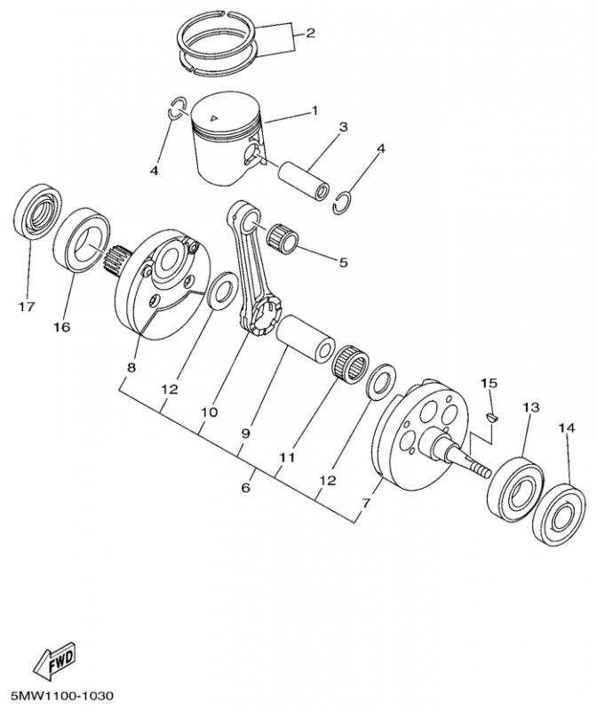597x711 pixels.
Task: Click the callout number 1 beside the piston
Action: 314,111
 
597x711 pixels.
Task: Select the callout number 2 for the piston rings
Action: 310,35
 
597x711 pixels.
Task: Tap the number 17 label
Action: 26,308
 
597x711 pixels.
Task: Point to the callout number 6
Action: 246,487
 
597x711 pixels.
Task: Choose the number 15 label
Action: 486,383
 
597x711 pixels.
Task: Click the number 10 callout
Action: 209,412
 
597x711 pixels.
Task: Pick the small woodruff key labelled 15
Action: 494,413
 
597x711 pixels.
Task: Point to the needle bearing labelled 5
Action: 287,237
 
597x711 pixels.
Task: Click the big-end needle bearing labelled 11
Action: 350,363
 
